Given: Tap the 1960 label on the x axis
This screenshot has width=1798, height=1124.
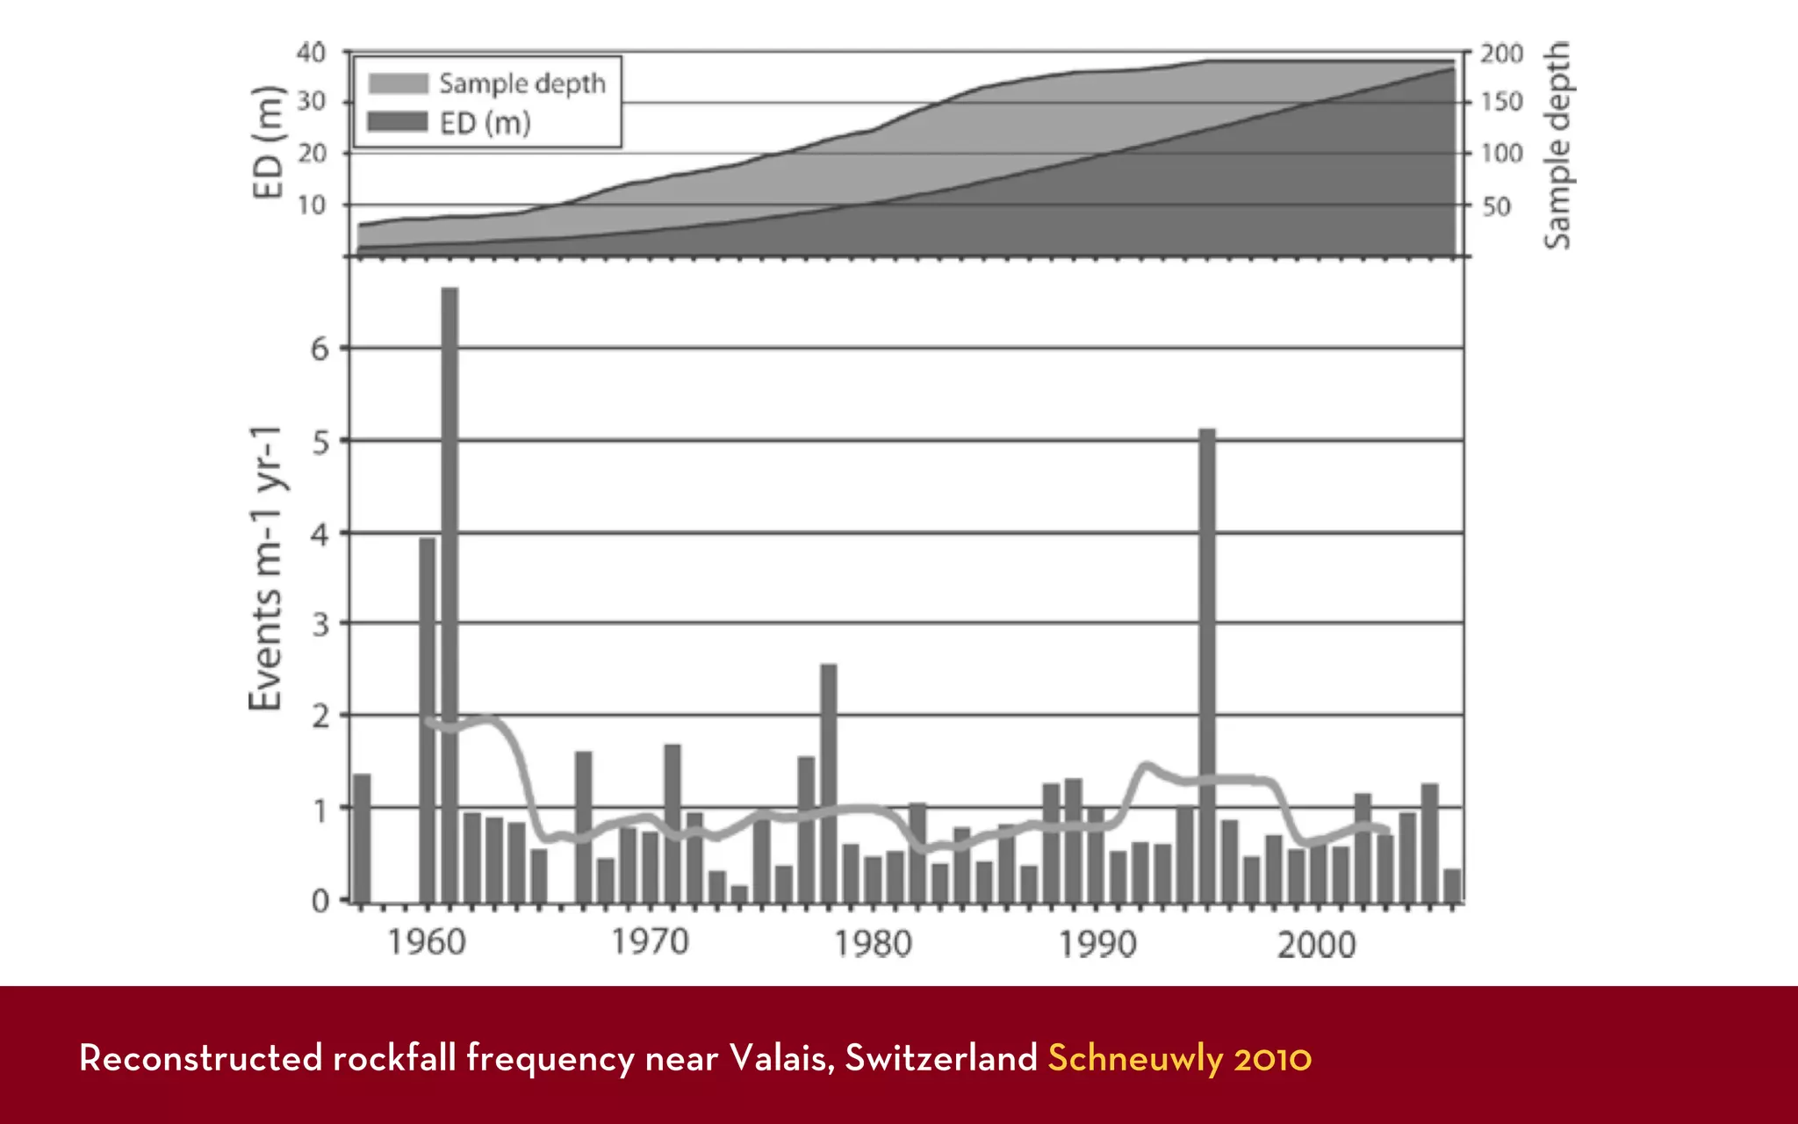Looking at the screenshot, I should tap(427, 943).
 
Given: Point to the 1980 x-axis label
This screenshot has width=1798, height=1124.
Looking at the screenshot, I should tap(873, 944).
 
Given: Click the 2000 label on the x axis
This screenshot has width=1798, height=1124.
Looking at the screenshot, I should tap(1316, 945).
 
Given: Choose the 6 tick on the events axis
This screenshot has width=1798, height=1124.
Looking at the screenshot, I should tap(320, 349).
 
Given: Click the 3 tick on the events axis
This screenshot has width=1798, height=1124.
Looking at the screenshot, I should tap(320, 624).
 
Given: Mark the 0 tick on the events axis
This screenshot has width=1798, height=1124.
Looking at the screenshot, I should tap(320, 901).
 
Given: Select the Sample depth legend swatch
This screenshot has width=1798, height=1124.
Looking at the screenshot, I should tap(398, 83).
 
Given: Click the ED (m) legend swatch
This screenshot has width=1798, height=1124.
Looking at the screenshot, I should tap(398, 122).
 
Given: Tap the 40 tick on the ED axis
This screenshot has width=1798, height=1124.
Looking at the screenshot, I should tap(311, 53).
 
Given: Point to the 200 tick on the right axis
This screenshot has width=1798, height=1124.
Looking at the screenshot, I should tap(1501, 54).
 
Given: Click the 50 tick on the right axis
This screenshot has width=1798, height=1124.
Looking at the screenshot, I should tap(1496, 206).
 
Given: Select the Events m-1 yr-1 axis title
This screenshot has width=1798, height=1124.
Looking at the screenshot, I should tap(266, 568).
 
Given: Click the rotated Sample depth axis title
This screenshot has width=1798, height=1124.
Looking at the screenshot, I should tap(1557, 145).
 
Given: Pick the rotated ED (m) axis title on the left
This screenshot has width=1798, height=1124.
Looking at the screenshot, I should tap(268, 142).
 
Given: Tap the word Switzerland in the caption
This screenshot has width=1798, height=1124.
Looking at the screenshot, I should tap(941, 1058).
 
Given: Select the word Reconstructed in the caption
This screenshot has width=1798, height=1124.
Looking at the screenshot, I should tap(201, 1058).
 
